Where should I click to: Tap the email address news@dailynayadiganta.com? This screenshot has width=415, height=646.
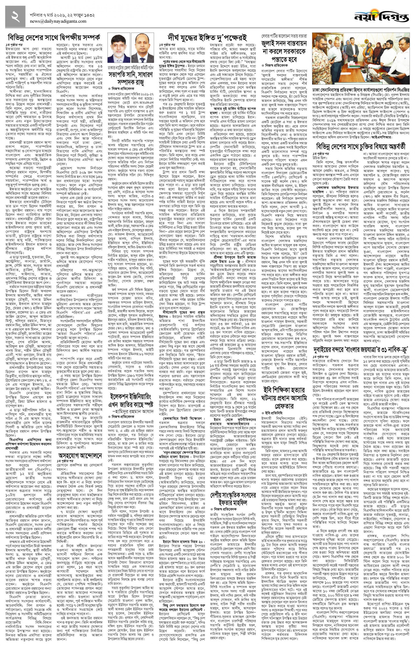click(62, 21)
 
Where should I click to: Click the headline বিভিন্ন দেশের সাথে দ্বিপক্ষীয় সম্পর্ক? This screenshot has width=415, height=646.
click(54, 37)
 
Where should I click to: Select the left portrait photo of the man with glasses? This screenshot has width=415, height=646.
click(119, 48)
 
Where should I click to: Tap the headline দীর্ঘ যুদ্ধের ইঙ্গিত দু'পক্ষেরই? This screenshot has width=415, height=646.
click(207, 37)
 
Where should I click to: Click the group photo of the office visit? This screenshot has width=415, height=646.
click(361, 59)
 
